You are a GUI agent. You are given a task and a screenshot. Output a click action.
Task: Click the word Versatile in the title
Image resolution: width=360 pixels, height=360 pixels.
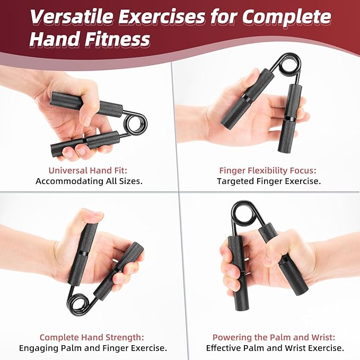coord(72,17)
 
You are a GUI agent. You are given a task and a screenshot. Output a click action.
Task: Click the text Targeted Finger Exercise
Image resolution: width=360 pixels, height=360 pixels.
coord(269,181)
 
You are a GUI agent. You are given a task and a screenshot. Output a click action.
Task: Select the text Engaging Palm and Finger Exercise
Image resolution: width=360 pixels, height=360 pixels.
coord(93,348)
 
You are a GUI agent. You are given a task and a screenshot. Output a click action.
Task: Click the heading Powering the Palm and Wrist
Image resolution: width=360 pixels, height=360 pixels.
coord(274,337)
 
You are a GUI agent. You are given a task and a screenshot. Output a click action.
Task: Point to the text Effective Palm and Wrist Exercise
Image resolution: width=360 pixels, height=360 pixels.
coord(275,348)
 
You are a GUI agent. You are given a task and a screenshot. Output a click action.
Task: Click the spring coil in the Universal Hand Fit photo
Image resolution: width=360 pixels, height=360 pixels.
coord(135,124)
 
